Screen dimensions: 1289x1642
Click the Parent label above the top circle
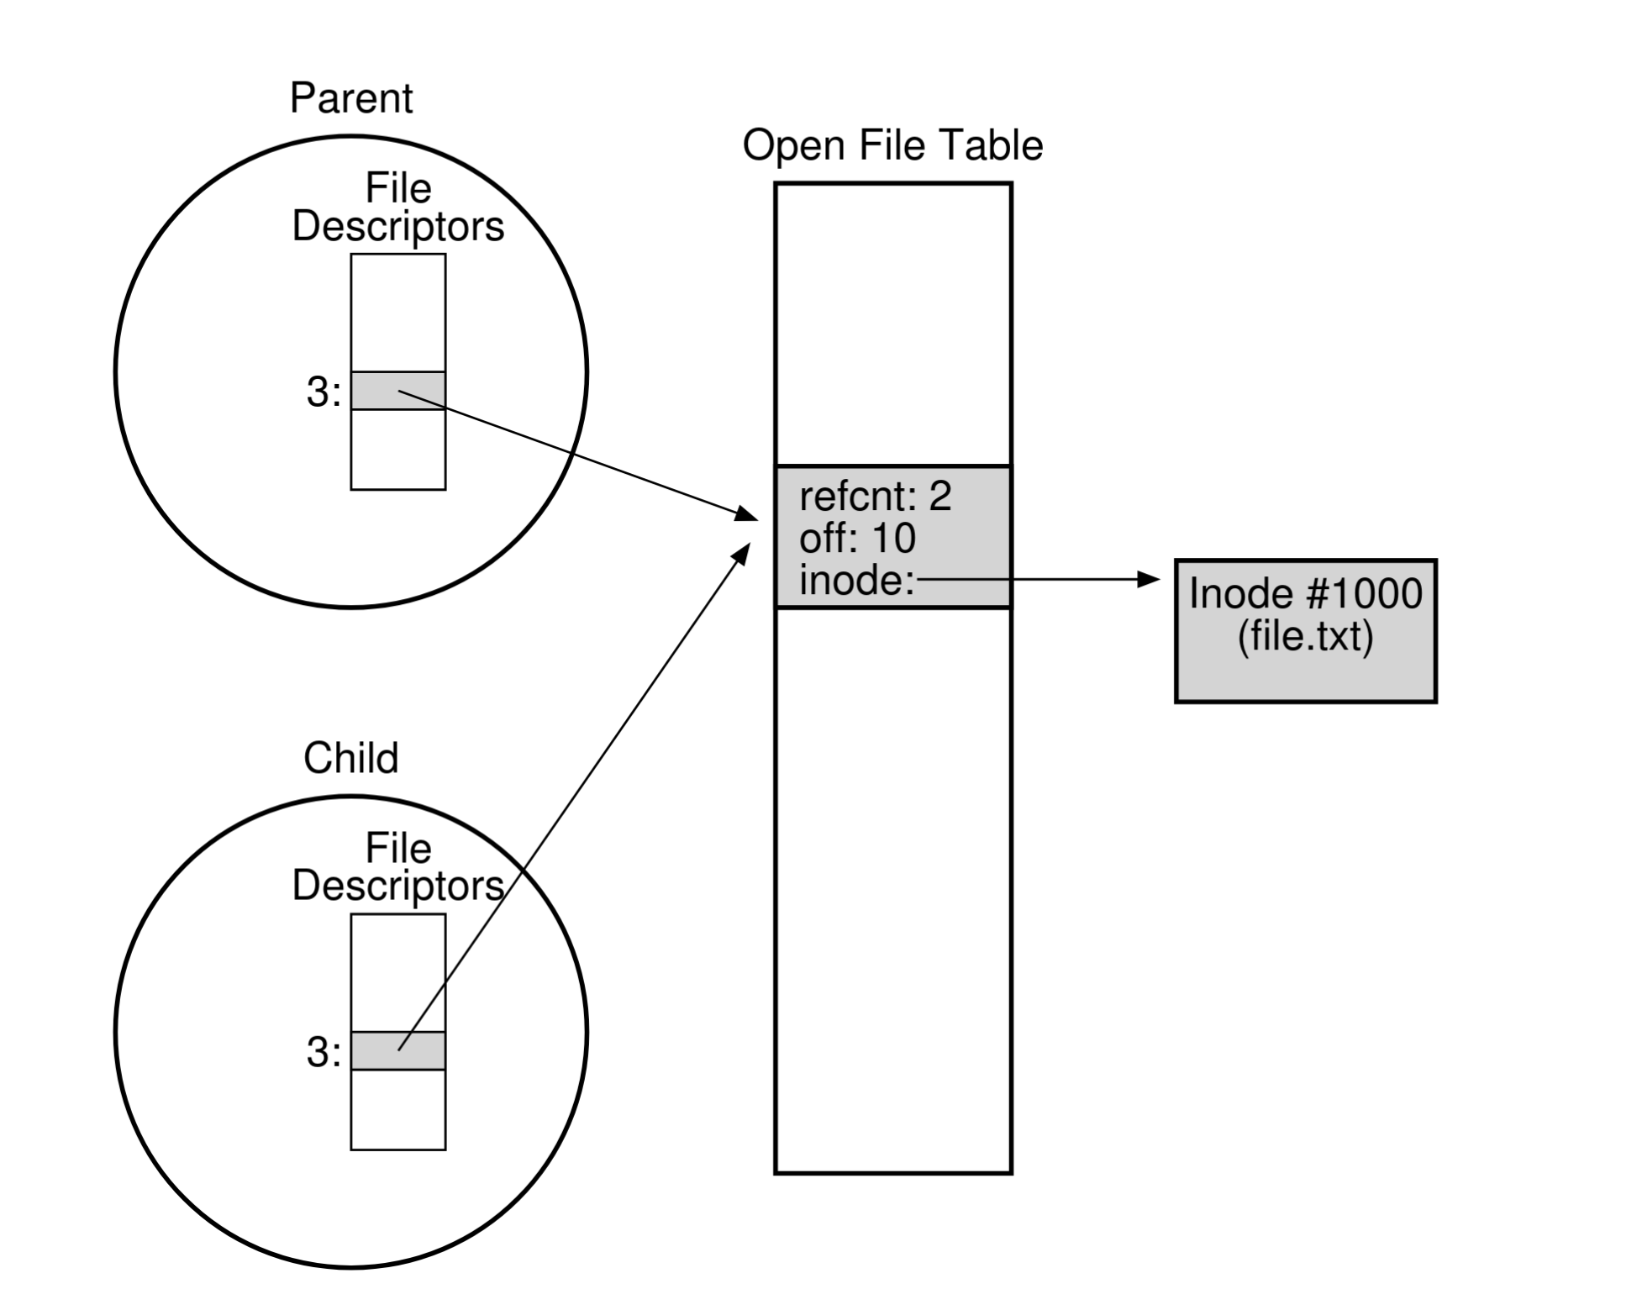pos(350,98)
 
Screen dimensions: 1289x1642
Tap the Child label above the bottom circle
pos(350,758)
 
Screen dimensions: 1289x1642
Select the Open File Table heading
pos(892,145)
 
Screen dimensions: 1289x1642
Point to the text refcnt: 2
pos(875,497)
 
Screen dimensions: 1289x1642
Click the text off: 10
pos(857,539)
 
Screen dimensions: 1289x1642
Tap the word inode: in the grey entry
pos(856,581)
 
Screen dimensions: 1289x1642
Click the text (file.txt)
pos(1305,636)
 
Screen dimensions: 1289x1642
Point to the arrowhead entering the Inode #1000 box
pos(1148,579)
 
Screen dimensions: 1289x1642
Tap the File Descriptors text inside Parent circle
pos(397,208)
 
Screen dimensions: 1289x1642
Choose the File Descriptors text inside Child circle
pos(397,867)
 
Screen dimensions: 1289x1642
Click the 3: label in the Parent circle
pos(324,392)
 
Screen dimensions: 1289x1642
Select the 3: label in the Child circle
pos(324,1052)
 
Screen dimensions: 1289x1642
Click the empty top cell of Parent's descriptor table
pos(397,313)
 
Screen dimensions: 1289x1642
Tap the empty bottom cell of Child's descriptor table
pos(397,1109)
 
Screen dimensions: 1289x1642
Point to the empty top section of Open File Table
pos(892,324)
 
